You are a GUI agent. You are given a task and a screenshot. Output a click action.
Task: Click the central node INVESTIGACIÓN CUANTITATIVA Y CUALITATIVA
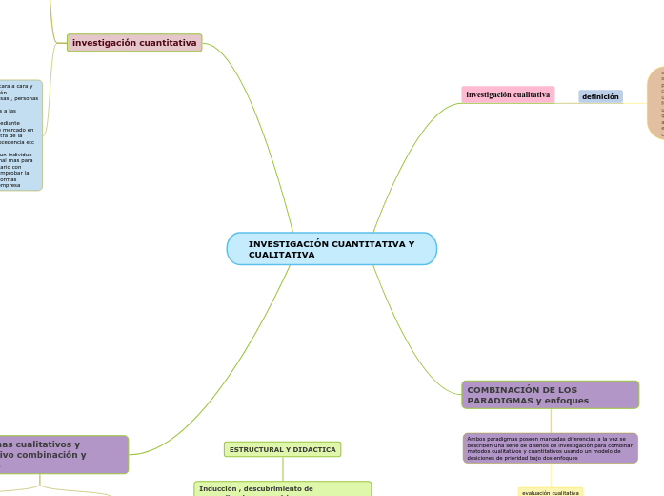pyautogui.click(x=332, y=249)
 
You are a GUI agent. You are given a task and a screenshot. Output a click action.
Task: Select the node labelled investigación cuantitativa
pyautogui.click(x=134, y=43)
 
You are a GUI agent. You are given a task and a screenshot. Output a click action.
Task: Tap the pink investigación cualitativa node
pyautogui.click(x=508, y=95)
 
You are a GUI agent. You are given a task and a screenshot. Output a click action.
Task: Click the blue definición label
pyautogui.click(x=600, y=96)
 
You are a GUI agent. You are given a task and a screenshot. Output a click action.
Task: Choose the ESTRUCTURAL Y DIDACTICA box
pyautogui.click(x=282, y=449)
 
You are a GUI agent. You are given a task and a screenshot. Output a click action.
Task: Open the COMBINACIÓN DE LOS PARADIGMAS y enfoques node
pyautogui.click(x=550, y=395)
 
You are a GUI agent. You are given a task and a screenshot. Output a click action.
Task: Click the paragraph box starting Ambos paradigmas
pyautogui.click(x=550, y=448)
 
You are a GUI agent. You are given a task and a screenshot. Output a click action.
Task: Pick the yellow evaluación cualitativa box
pyautogui.click(x=550, y=492)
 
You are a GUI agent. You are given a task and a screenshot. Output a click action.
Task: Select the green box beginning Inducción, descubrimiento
pyautogui.click(x=282, y=488)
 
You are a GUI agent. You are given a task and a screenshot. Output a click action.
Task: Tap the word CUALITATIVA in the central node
pyautogui.click(x=281, y=256)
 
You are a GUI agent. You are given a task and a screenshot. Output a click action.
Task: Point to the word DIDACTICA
pyautogui.click(x=315, y=449)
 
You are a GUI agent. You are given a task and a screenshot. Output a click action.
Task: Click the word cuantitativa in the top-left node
pyautogui.click(x=166, y=43)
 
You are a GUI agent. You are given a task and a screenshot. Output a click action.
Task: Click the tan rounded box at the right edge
pyautogui.click(x=656, y=103)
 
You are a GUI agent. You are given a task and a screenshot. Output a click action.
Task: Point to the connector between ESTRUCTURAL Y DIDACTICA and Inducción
pyautogui.click(x=282, y=469)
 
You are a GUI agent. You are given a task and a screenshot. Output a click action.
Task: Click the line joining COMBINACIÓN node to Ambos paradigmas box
pyautogui.click(x=550, y=421)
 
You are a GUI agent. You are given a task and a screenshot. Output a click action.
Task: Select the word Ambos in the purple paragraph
pyautogui.click(x=477, y=439)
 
